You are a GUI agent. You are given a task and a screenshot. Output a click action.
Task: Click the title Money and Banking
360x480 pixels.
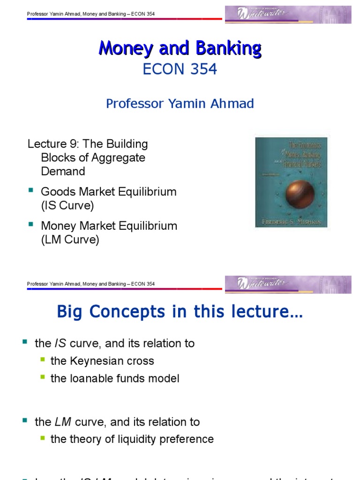(x=180, y=48)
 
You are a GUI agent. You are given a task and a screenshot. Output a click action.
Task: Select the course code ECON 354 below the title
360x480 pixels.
(x=180, y=69)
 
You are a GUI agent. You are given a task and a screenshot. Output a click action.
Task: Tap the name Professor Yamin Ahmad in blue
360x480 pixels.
(x=180, y=104)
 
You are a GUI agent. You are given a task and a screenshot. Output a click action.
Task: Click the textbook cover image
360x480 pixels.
(x=291, y=182)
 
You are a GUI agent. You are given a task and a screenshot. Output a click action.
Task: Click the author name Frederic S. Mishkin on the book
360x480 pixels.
(x=291, y=220)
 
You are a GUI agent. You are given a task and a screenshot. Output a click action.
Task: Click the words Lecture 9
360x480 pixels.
(x=47, y=144)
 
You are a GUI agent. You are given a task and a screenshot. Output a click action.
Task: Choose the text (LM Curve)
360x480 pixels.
(x=70, y=240)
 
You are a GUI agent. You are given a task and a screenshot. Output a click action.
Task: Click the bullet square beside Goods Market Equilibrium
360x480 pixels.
(x=31, y=190)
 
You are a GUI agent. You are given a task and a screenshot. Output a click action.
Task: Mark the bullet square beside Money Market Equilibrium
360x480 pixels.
(x=31, y=225)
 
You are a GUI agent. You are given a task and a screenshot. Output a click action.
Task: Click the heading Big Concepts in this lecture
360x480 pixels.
(x=180, y=312)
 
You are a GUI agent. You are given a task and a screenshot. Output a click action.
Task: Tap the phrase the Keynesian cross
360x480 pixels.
(x=102, y=361)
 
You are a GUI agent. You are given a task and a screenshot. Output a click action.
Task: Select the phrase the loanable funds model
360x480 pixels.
(x=115, y=378)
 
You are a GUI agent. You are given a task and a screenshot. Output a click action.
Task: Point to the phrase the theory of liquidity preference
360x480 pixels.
(x=132, y=439)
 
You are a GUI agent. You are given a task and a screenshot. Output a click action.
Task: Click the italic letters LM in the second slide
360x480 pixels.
(x=62, y=422)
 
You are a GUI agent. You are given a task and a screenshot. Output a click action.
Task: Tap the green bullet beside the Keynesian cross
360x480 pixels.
(x=43, y=360)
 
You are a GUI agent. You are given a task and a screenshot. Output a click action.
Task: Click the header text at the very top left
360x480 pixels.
(x=91, y=14)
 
